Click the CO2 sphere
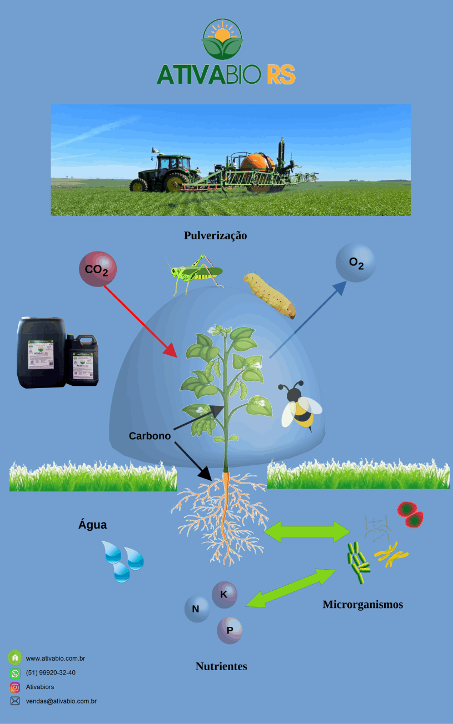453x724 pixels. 97,269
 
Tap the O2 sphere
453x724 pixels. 356,263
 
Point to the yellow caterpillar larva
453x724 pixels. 270,294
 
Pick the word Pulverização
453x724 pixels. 215,235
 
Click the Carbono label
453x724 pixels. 150,436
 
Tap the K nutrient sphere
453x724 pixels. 225,595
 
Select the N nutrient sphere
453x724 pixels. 196,609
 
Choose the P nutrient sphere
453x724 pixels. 230,630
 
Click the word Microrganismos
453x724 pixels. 362,604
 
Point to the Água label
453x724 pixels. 92,524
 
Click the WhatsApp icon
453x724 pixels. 15,673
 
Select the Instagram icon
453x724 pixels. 15,687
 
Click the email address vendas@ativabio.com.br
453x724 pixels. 61,701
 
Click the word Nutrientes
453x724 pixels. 221,666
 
